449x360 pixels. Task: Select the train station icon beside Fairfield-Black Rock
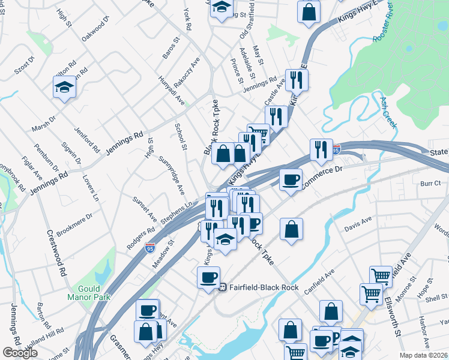(222, 287)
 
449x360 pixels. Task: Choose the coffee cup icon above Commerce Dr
(291, 179)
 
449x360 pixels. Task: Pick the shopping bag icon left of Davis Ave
(291, 229)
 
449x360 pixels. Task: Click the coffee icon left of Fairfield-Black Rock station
(209, 278)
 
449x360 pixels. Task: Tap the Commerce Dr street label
(322, 178)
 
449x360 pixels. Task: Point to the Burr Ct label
(431, 182)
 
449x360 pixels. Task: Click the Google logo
(20, 353)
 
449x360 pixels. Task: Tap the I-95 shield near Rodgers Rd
(150, 247)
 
